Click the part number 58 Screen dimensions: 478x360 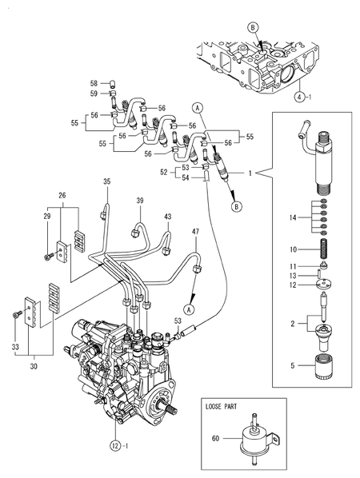coord(93,83)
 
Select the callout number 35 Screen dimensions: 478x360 coord(106,183)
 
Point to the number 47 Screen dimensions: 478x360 coord(194,231)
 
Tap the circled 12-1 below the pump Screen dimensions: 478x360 coord(119,444)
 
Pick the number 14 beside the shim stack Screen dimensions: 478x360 coord(294,217)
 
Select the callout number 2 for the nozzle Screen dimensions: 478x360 coord(293,325)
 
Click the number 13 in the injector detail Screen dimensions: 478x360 coord(294,276)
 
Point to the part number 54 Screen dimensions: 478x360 coord(185,177)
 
